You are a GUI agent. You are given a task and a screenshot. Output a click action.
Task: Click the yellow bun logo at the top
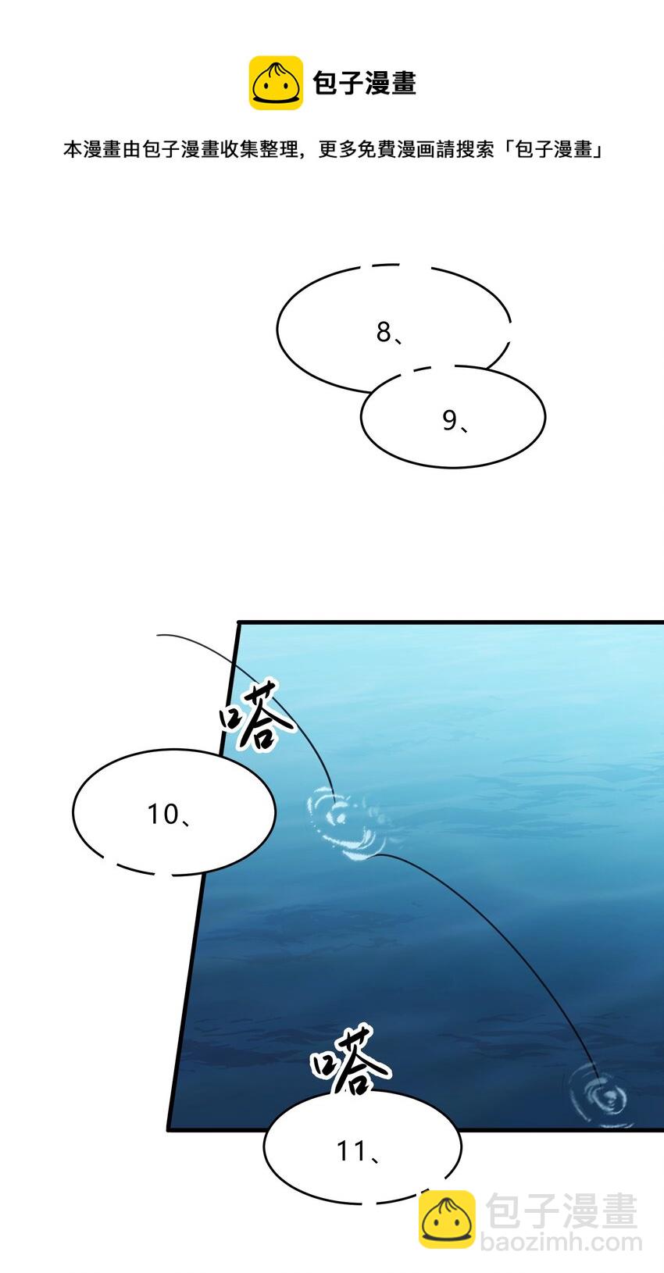pyautogui.click(x=276, y=83)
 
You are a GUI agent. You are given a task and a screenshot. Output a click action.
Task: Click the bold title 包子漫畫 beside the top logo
pyautogui.click(x=365, y=83)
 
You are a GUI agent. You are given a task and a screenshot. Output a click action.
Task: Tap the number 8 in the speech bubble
pyautogui.click(x=383, y=332)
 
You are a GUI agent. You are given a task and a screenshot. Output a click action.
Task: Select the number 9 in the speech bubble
pyautogui.click(x=449, y=420)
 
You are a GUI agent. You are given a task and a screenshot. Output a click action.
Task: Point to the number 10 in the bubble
pyautogui.click(x=163, y=815)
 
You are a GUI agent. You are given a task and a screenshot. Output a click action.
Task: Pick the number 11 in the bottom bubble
pyautogui.click(x=352, y=1150)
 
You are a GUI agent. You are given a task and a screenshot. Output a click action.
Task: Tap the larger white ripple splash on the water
pyautogui.click(x=344, y=824)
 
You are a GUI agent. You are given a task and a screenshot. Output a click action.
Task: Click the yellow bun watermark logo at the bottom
pyautogui.click(x=447, y=1218)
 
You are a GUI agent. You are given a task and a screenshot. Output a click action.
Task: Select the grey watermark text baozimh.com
pyautogui.click(x=561, y=1242)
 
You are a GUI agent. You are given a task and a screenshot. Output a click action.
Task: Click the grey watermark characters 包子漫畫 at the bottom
pyautogui.click(x=561, y=1211)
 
